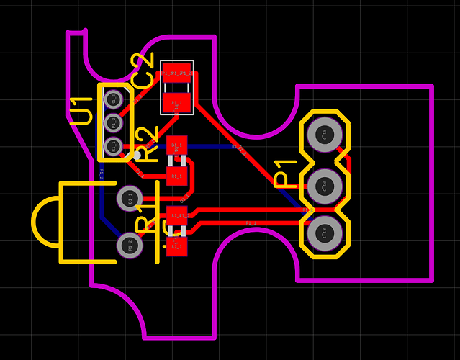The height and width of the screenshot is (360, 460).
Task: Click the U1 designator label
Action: pos(81,112)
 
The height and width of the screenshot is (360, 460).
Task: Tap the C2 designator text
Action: pos(144,71)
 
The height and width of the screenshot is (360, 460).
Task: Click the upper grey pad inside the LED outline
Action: pos(130,197)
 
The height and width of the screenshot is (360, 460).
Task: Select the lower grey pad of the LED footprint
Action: pos(130,245)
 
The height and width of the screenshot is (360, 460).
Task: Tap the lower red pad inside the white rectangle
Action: pos(176,103)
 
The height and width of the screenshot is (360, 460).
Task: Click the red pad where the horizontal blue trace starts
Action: pos(176,146)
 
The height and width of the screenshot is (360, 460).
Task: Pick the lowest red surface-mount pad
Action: pos(176,246)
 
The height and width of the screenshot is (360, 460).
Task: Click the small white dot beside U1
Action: pos(137,155)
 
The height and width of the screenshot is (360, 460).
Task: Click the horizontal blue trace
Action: pos(216,146)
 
